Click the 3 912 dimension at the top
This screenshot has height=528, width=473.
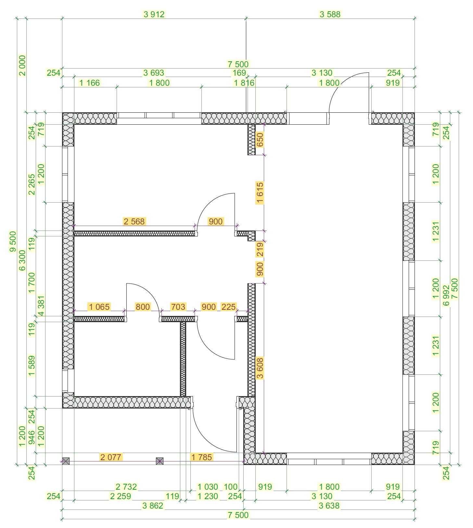tap(154, 14)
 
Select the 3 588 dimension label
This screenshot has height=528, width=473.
tap(330, 14)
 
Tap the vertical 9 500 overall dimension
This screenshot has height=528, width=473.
tap(13, 241)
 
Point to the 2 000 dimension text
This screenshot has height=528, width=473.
tap(22, 65)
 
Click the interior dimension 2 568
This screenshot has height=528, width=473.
tap(134, 221)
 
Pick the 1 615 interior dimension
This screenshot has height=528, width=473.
tap(260, 193)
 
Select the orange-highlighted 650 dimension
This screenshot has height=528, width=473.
tap(260, 140)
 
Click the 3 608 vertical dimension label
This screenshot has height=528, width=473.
tap(260, 368)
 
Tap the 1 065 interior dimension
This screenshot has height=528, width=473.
tap(99, 307)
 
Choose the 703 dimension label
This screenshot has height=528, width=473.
tap(178, 307)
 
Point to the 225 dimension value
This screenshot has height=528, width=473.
tap(228, 307)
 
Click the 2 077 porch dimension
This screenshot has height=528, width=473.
tap(111, 457)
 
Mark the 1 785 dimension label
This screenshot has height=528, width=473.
tap(201, 457)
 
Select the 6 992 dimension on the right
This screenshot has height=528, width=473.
tap(446, 295)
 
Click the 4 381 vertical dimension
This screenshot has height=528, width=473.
tap(41, 306)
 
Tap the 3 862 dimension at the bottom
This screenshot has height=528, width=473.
tap(153, 506)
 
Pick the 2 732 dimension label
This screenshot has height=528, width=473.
tap(126, 487)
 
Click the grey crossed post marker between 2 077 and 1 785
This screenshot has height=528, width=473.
tap(160, 461)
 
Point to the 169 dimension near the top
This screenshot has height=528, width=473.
tap(239, 73)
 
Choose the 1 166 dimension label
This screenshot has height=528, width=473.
tap(90, 83)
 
